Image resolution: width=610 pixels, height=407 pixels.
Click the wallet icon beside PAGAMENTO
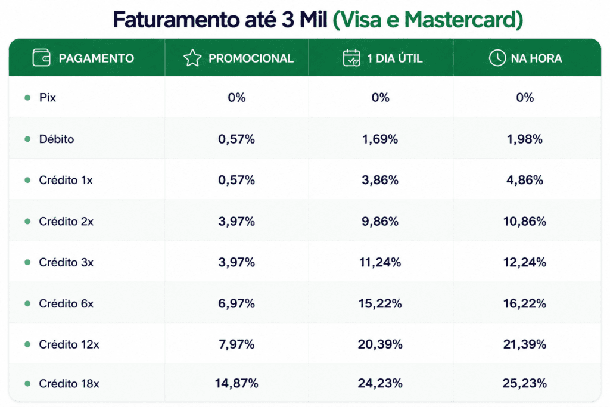tap(41, 58)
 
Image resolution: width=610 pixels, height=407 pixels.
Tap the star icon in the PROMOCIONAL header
tap(192, 58)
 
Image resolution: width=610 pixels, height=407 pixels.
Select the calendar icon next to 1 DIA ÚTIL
tap(351, 58)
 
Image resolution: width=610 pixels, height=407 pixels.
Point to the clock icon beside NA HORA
tap(497, 58)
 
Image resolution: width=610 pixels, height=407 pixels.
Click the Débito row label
tap(57, 139)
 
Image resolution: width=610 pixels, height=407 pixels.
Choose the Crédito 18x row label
tap(69, 384)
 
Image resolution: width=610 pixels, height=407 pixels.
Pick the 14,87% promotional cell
tap(236, 383)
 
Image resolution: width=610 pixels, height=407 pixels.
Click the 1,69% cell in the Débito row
tap(380, 139)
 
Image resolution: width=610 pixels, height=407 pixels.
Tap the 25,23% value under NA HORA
tap(524, 383)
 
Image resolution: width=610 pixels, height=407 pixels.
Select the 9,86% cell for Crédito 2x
tap(380, 222)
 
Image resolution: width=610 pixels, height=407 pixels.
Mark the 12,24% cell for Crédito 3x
tap(524, 262)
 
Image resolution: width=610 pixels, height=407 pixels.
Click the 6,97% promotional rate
tap(236, 303)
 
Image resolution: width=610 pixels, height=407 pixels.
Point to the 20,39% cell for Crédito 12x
tap(380, 344)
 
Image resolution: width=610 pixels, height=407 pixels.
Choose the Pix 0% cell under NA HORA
tap(525, 97)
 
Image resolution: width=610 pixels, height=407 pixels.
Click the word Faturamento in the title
tap(176, 20)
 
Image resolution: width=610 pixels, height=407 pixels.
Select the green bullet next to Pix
tap(27, 97)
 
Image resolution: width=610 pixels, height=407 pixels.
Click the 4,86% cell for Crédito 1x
tap(524, 180)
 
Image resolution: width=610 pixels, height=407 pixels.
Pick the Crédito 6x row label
tap(66, 303)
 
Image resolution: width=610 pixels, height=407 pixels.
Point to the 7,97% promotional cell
tap(236, 344)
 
